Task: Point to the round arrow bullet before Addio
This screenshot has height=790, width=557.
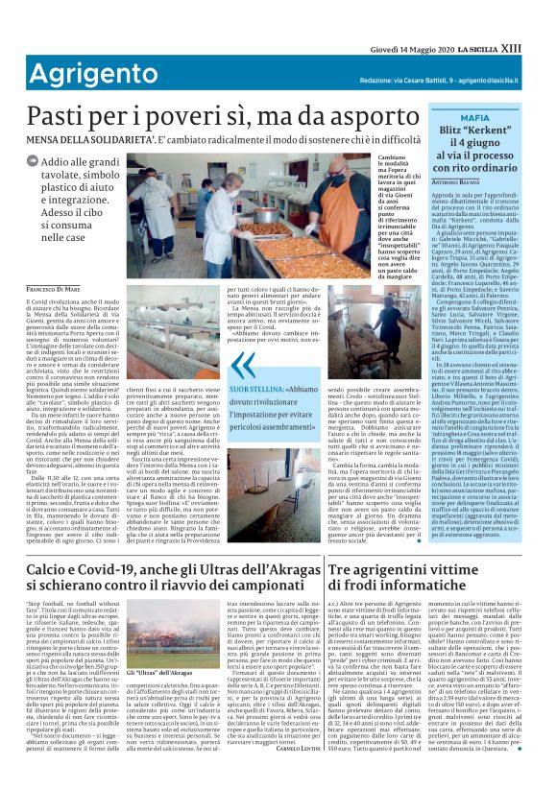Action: pyautogui.click(x=35, y=165)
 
